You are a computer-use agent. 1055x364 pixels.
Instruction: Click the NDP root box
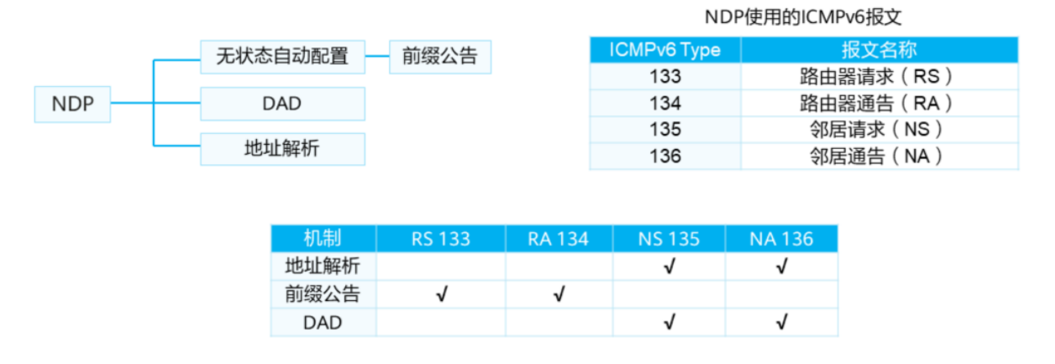[x=73, y=104]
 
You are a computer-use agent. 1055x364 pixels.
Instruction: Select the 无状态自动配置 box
[x=283, y=56]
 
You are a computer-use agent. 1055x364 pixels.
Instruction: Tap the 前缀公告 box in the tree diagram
[x=440, y=56]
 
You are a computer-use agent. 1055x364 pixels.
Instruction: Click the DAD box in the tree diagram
[x=283, y=104]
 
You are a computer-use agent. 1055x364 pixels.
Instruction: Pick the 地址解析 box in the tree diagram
[x=283, y=149]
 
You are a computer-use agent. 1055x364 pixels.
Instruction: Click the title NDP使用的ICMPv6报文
[x=803, y=17]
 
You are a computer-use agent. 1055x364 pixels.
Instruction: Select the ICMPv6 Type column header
[x=665, y=50]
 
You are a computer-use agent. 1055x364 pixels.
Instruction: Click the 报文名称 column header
[x=879, y=50]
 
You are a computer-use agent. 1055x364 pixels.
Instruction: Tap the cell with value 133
[x=665, y=76]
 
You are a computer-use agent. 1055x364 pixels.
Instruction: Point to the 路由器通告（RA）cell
[x=879, y=103]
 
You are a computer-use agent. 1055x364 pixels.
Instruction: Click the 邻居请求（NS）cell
[x=879, y=129]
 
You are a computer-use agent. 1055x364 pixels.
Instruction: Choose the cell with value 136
[x=665, y=156]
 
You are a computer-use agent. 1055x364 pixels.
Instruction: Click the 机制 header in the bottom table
[x=322, y=238]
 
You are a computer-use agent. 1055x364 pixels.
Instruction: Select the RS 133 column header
[x=441, y=238]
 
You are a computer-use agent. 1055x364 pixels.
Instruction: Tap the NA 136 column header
[x=781, y=238]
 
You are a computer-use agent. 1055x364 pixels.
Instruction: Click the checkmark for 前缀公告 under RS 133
[x=442, y=294]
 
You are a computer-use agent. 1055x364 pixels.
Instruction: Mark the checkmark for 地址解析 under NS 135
[x=669, y=267]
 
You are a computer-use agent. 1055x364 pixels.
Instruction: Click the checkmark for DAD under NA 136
[x=782, y=322]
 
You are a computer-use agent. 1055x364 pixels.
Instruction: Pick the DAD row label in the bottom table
[x=322, y=322]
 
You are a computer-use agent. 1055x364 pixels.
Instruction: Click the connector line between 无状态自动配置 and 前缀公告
[x=377, y=56]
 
